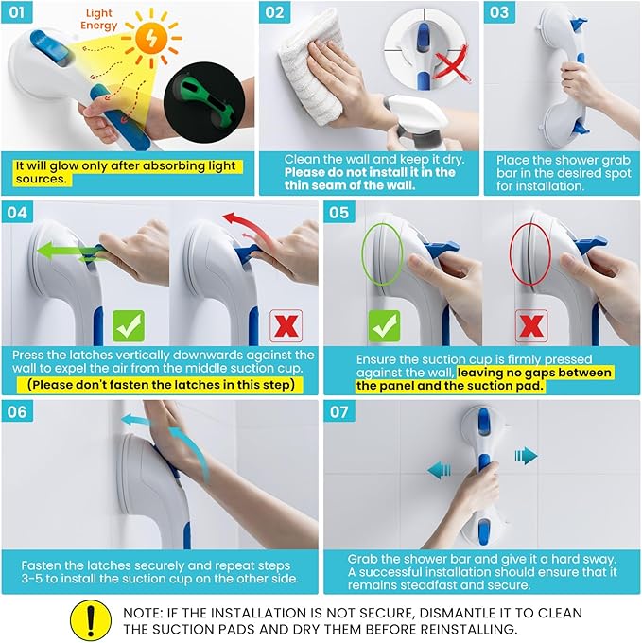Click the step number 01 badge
coord(17,12)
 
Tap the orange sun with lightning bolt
coord(151,39)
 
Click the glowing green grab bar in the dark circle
coord(205,101)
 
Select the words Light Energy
coord(99,19)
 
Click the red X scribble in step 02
coord(452,64)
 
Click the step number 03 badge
coord(499,12)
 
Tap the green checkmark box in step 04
coord(129,326)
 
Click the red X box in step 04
coord(286,326)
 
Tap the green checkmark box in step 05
coord(384,326)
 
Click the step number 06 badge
coord(17,411)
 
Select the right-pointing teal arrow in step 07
coord(526,456)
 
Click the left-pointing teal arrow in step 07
coord(439,470)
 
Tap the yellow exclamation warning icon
coord(91,620)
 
